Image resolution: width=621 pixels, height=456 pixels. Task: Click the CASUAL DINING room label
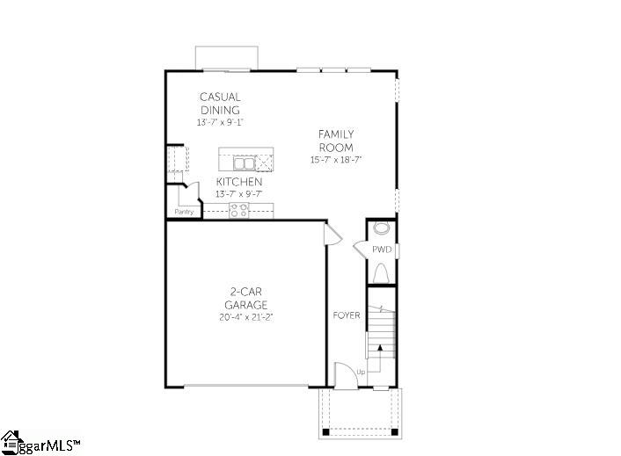pyautogui.click(x=220, y=103)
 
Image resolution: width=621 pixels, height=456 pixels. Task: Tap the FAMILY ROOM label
pyautogui.click(x=336, y=141)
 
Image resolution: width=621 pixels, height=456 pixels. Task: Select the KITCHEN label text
pyautogui.click(x=239, y=182)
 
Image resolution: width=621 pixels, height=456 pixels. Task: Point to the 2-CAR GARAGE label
pyautogui.click(x=246, y=298)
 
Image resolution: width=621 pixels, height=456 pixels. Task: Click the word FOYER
pyautogui.click(x=347, y=315)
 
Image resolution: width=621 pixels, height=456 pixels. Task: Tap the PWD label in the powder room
pyautogui.click(x=382, y=250)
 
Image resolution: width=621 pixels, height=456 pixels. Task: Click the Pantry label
pyautogui.click(x=184, y=212)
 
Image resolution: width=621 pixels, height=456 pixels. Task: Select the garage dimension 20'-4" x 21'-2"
pyautogui.click(x=246, y=317)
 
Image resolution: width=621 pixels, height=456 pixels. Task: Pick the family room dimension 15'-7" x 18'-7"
pyautogui.click(x=336, y=160)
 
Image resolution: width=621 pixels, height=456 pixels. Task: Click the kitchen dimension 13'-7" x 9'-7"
pyautogui.click(x=239, y=194)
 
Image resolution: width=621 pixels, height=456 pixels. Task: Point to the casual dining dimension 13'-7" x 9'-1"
pyautogui.click(x=220, y=123)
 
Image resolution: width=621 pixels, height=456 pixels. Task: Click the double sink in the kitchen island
pyautogui.click(x=244, y=163)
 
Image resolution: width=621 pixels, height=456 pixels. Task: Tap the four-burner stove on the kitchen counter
pyautogui.click(x=239, y=210)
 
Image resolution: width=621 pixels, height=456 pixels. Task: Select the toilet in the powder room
pyautogui.click(x=381, y=273)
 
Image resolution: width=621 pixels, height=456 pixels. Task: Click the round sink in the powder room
pyautogui.click(x=382, y=228)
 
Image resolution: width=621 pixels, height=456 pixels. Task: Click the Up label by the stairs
pyautogui.click(x=361, y=373)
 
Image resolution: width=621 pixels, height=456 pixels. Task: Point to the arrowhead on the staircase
pyautogui.click(x=380, y=348)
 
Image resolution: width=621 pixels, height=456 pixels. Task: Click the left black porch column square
pyautogui.click(x=325, y=432)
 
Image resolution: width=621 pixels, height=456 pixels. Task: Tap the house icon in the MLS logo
pyautogui.click(x=11, y=443)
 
